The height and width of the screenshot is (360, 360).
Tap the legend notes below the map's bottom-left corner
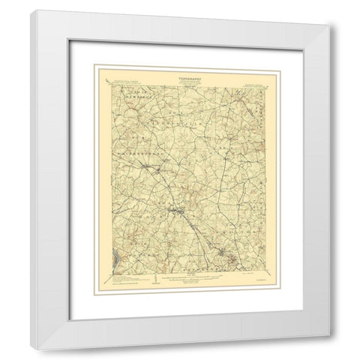click(x=124, y=280)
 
